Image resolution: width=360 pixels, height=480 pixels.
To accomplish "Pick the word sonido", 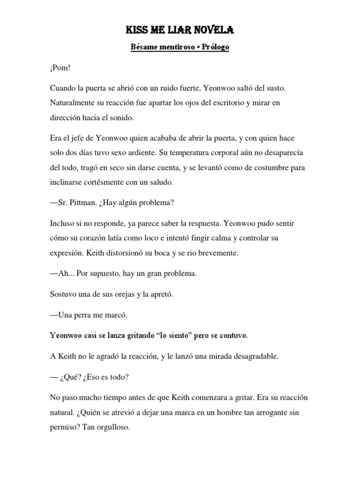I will [121, 117].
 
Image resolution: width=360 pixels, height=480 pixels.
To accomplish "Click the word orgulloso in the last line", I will [111, 427].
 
